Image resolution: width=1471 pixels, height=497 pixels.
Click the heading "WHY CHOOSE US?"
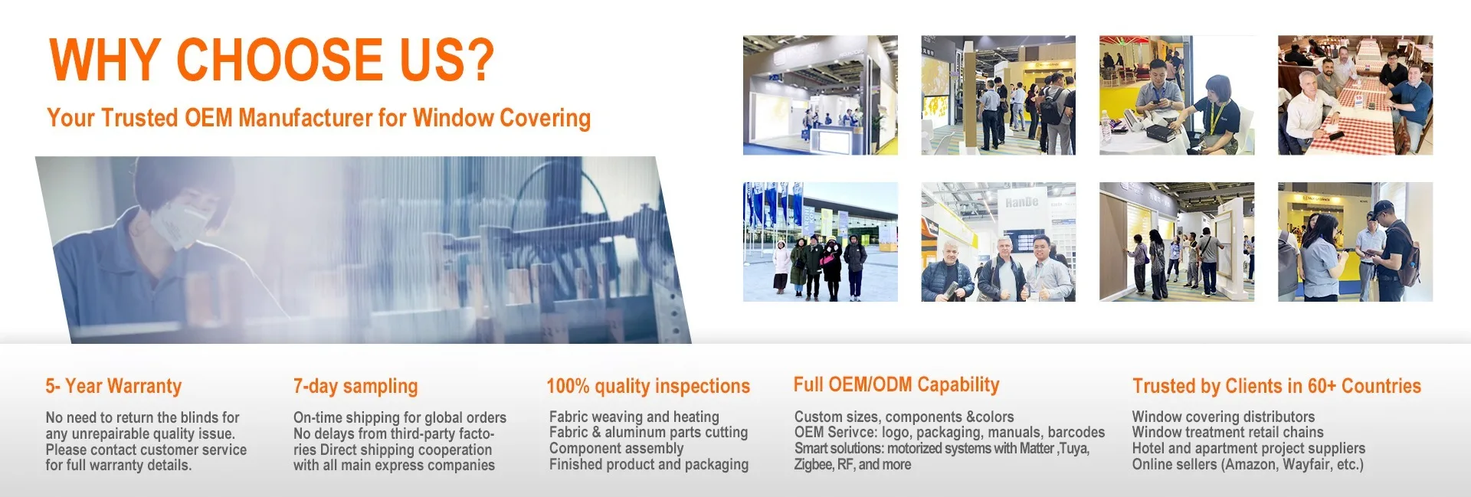pos(272,59)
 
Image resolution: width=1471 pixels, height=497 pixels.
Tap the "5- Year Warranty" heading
pos(113,386)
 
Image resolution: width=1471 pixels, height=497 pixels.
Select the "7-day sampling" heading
pos(355,386)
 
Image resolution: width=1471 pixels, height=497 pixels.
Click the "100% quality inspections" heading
pos(648,386)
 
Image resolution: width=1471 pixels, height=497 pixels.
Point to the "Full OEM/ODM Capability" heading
pos(896,384)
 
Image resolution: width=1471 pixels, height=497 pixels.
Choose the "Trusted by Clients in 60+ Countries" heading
pos(1276,386)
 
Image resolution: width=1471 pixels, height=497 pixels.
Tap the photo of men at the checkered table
pos(1355,95)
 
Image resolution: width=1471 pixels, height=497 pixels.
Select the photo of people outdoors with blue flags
pos(821,241)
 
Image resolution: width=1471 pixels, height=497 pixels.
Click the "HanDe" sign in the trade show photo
pos(1022,202)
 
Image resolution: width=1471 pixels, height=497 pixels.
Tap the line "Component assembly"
pos(616,448)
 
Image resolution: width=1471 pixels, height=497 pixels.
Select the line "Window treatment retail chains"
pos(1227,432)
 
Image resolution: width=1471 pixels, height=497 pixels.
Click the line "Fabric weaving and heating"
pos(634,417)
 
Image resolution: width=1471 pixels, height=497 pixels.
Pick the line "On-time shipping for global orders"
pos(400,417)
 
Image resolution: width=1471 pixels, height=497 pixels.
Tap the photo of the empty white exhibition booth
pos(821,95)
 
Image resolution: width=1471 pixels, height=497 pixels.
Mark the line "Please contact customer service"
pos(146,450)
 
